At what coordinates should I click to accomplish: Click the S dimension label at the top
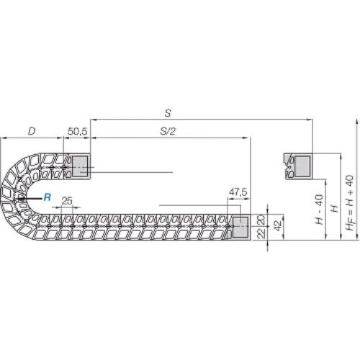pyautogui.click(x=168, y=113)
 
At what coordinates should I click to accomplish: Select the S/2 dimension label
pyautogui.click(x=168, y=131)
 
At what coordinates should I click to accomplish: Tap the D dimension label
pyautogui.click(x=32, y=131)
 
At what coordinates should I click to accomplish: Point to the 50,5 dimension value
pyautogui.click(x=77, y=132)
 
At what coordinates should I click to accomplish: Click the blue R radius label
pyautogui.click(x=48, y=197)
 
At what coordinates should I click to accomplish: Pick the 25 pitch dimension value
pyautogui.click(x=67, y=201)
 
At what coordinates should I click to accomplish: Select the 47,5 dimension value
pyautogui.click(x=238, y=192)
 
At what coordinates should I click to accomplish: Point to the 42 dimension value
pyautogui.click(x=278, y=226)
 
